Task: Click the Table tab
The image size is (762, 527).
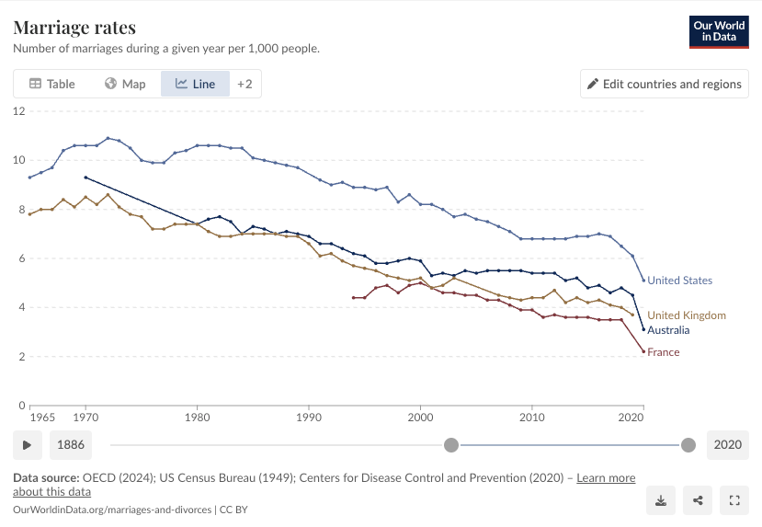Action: tap(52, 84)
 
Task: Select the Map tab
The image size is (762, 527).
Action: tap(125, 84)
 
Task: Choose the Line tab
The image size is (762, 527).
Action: tap(195, 84)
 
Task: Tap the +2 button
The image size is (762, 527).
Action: tap(245, 84)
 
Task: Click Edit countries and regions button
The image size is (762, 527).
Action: tap(665, 84)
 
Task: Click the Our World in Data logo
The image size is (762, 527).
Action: tap(719, 32)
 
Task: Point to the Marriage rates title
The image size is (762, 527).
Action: tap(74, 28)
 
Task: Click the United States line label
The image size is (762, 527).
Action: tap(679, 280)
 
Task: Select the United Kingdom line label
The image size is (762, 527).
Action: tap(687, 315)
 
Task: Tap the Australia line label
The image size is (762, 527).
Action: tap(668, 330)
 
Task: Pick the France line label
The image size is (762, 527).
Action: tap(664, 352)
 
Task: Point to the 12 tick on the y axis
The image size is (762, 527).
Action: tap(19, 111)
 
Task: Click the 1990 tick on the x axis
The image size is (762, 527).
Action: tap(309, 418)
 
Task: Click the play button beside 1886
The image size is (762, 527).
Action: tap(28, 445)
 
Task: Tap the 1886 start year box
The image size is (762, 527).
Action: tap(71, 445)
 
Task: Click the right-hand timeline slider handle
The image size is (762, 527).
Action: tap(688, 445)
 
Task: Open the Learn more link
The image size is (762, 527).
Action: tap(606, 478)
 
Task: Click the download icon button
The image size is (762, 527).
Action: tap(661, 500)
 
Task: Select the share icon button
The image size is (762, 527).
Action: tap(698, 500)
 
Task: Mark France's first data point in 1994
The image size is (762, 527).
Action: tap(353, 298)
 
